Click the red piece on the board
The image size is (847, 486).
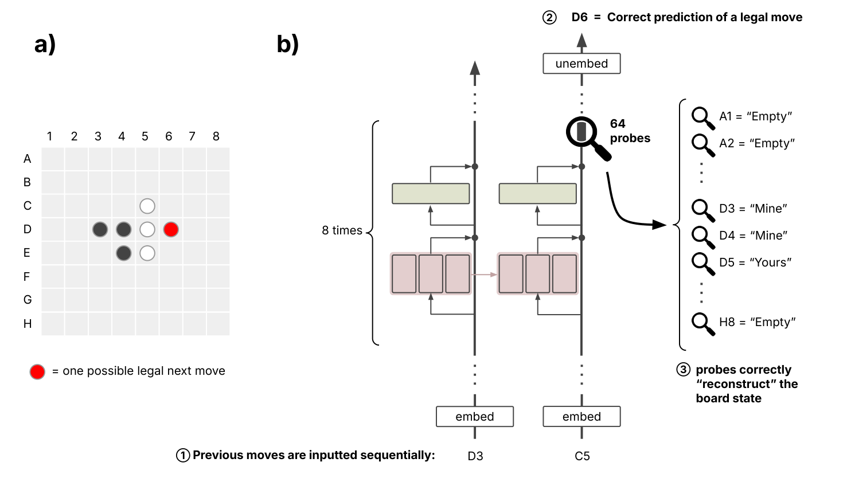[171, 229]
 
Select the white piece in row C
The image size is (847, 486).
[147, 206]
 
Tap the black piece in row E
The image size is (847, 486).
[123, 253]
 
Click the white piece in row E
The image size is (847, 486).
[147, 253]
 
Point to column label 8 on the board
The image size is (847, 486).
[216, 136]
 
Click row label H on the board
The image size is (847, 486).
[27, 324]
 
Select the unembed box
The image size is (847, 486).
[581, 64]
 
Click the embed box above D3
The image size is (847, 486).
[475, 417]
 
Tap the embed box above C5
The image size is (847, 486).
[581, 417]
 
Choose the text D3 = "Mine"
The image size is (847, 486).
[753, 209]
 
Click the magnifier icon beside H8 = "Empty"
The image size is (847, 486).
[702, 323]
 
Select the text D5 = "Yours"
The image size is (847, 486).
[755, 262]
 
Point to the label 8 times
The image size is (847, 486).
[342, 230]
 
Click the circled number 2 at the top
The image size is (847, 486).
[549, 18]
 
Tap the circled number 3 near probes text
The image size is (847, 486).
[683, 370]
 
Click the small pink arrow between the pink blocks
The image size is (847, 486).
[484, 275]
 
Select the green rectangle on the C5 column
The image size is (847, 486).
[537, 194]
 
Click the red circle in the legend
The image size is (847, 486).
[37, 371]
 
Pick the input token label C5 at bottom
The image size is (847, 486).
[582, 456]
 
